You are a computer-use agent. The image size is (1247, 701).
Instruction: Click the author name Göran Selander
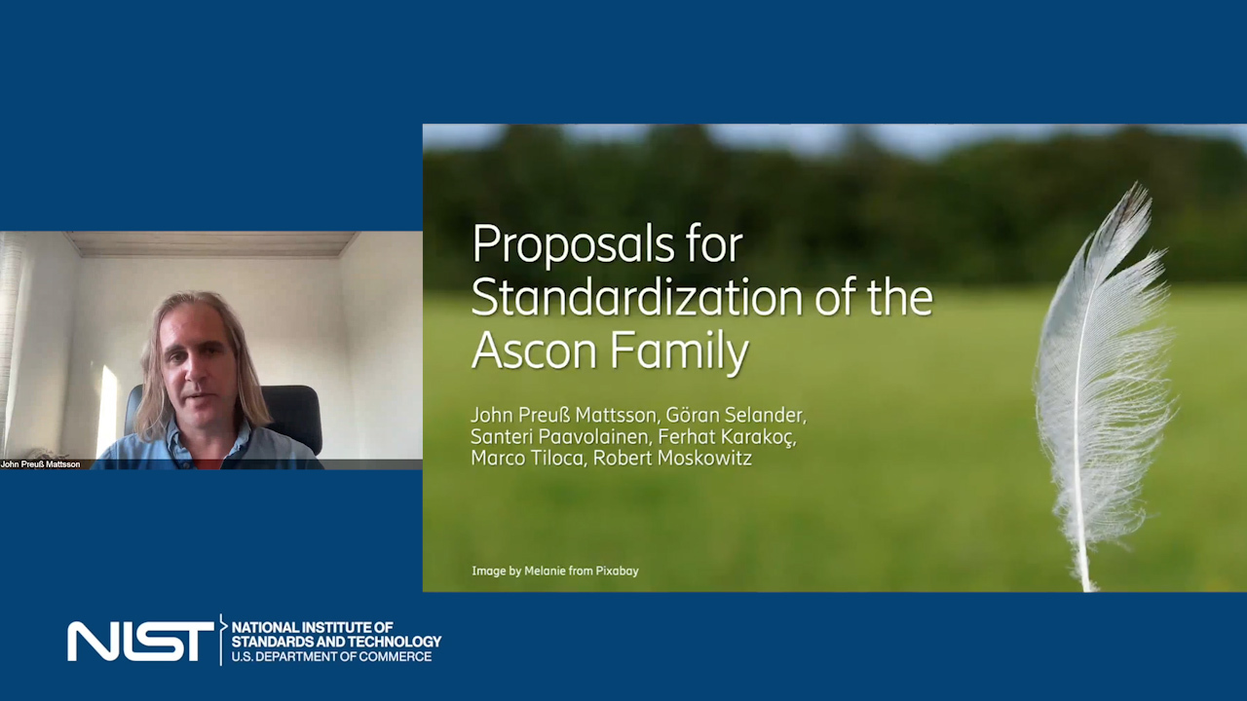[x=736, y=415]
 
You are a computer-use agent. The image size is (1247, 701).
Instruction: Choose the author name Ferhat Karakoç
[x=727, y=437]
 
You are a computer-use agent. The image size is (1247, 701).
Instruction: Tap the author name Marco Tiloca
[x=528, y=458]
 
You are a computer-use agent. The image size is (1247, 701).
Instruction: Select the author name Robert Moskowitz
[x=672, y=458]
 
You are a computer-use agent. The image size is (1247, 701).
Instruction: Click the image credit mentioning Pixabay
[x=555, y=571]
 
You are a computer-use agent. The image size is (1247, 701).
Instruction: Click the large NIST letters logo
[x=140, y=641]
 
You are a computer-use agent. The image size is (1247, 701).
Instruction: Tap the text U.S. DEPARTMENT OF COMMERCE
[x=331, y=656]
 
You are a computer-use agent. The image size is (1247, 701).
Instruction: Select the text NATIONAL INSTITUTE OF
[x=313, y=628]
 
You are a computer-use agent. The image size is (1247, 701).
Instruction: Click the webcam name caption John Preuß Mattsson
[x=41, y=464]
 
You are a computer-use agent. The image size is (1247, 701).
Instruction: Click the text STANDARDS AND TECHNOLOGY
[x=336, y=642]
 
